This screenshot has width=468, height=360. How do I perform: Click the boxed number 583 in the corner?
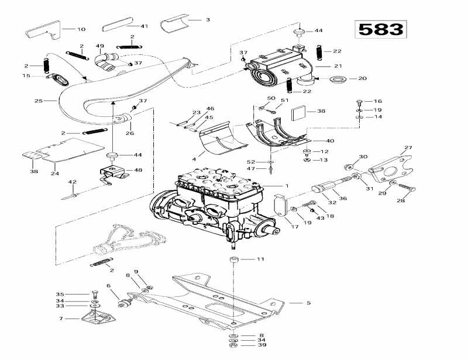[x=380, y=29]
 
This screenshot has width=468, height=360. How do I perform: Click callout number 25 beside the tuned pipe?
[x=39, y=101]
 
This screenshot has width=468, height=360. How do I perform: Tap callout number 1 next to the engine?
[x=287, y=186]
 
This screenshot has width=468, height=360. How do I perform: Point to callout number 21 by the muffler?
[x=338, y=67]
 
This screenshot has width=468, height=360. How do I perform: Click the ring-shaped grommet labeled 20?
[x=337, y=78]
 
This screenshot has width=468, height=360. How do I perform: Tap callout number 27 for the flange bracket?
[x=408, y=148]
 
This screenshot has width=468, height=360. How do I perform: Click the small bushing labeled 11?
[x=233, y=259]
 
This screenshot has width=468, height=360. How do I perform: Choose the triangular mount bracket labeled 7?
[x=96, y=317]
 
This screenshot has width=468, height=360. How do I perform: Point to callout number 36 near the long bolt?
[x=343, y=198]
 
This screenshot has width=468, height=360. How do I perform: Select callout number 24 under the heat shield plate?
[x=54, y=174]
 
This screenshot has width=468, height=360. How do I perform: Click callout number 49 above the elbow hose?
[x=100, y=46]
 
